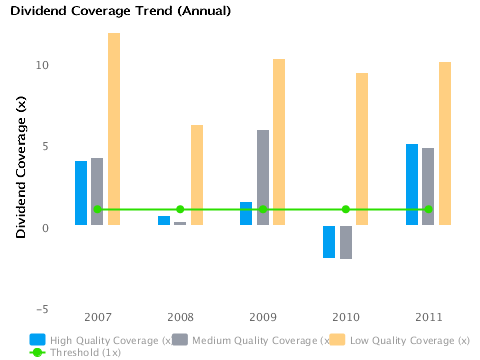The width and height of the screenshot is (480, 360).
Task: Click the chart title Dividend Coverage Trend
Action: coord(120,12)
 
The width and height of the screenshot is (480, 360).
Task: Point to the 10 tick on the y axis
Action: coord(42,66)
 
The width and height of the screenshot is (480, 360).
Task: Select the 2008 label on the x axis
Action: coord(180,317)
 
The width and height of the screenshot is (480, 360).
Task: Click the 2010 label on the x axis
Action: coord(346,317)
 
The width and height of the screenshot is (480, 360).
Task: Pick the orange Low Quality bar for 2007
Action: coord(114,129)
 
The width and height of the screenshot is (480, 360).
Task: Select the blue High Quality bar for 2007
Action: coord(81,193)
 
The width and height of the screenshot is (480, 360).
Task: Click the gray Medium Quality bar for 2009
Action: coord(263,177)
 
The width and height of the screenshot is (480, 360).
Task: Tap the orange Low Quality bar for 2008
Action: coord(197,175)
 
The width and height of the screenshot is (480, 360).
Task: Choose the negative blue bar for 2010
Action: coord(329,241)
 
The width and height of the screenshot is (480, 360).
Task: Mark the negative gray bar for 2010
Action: coord(346,242)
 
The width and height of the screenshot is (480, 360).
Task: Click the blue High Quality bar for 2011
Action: coord(412,184)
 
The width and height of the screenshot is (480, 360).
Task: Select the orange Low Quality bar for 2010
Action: coord(362,149)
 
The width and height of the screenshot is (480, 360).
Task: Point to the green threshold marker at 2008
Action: coord(180,209)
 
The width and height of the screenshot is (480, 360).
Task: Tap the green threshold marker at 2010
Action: coord(346,209)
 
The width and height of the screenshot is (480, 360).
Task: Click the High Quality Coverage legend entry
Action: coord(100,340)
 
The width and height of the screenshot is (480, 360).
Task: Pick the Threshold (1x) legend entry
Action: coord(75,352)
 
